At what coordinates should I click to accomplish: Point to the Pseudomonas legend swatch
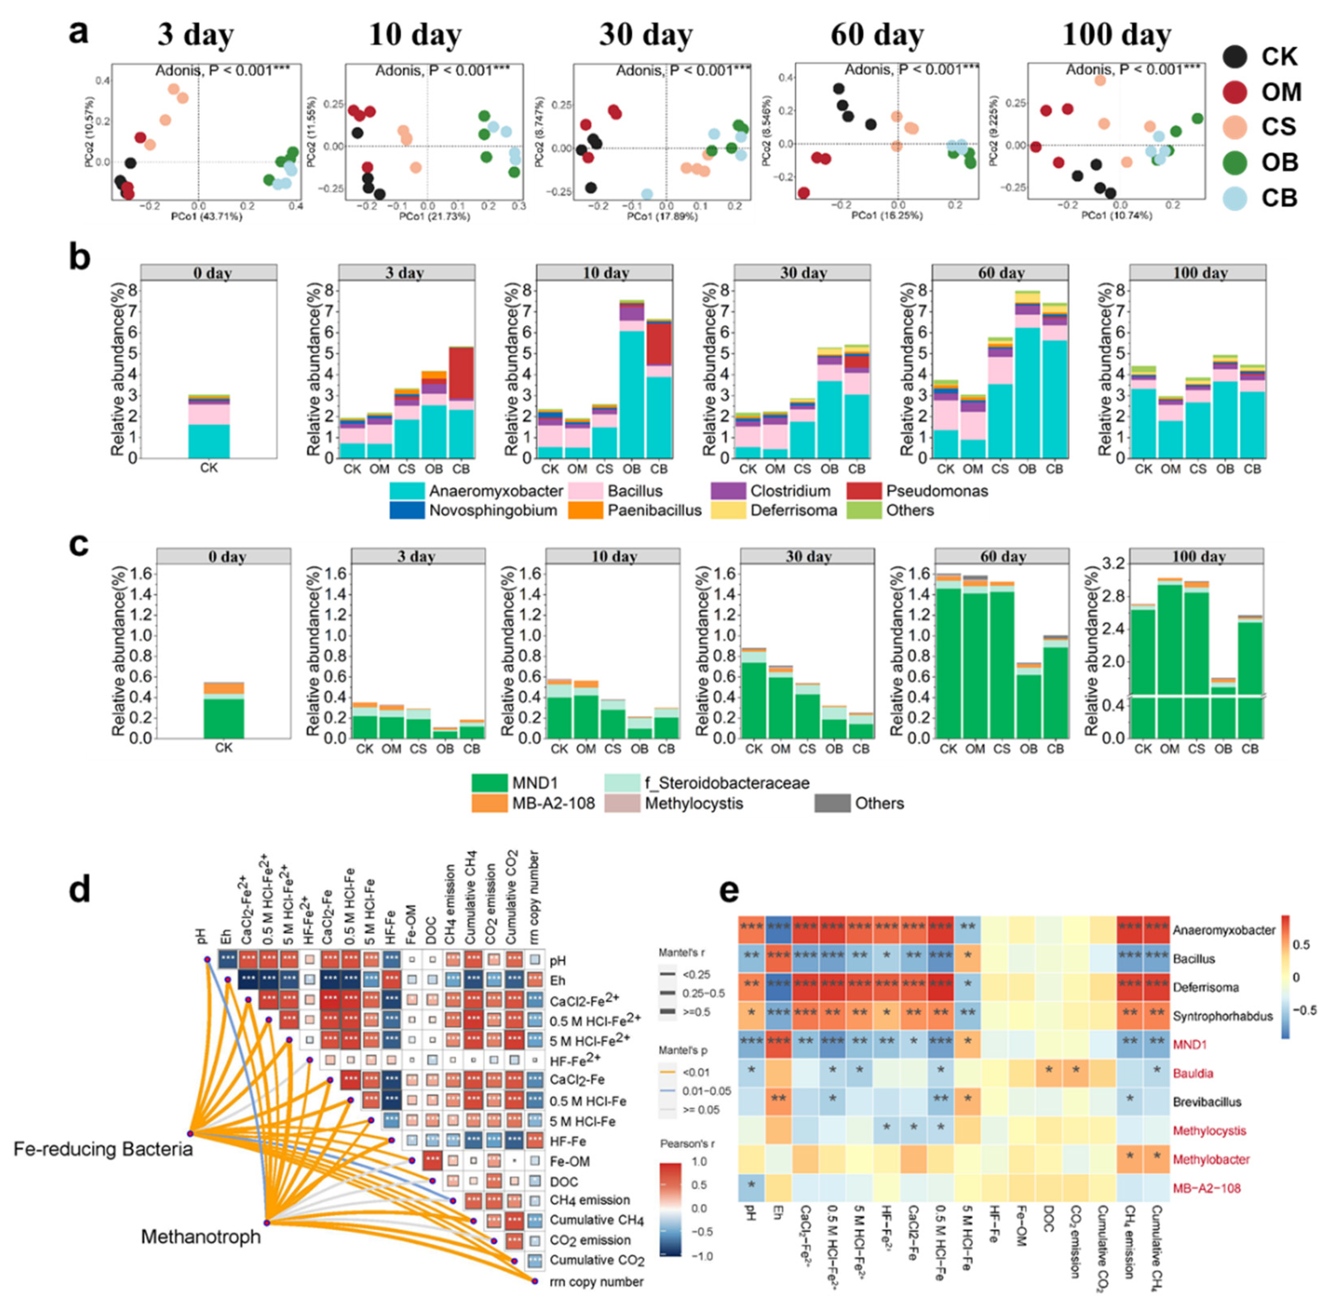(863, 491)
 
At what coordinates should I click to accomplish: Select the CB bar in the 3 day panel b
(461, 402)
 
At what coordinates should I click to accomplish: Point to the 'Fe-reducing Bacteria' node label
(103, 1149)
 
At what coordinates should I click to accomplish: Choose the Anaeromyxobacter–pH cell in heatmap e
(750, 929)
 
